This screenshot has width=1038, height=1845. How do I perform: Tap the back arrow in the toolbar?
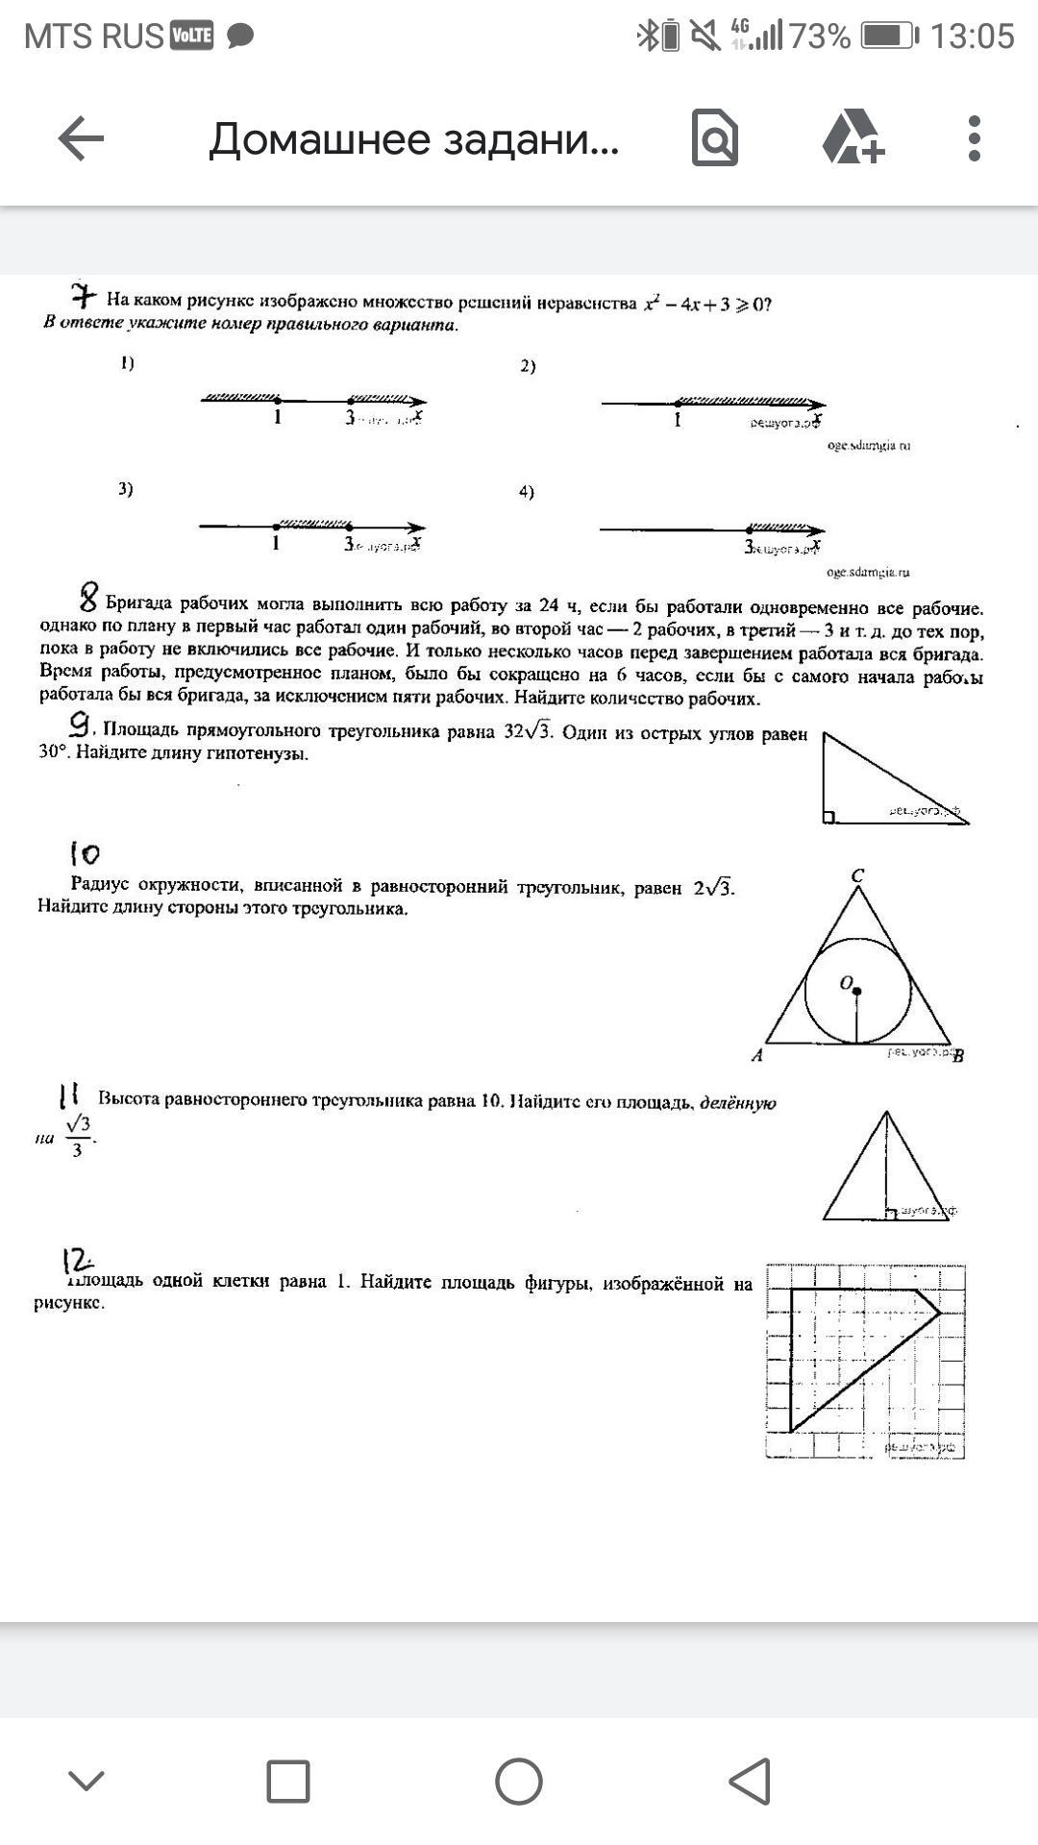click(x=81, y=139)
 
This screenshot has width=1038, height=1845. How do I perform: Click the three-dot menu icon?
click(x=975, y=139)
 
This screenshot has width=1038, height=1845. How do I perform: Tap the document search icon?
click(x=715, y=139)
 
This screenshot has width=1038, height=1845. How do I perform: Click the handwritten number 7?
click(x=84, y=295)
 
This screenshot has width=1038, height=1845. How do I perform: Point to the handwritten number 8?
click(x=88, y=599)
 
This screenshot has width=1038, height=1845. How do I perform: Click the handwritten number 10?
click(x=85, y=853)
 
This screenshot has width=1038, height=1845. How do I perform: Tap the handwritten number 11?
click(x=69, y=1095)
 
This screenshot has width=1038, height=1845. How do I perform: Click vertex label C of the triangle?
click(x=857, y=875)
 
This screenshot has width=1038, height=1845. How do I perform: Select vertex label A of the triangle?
click(x=757, y=1055)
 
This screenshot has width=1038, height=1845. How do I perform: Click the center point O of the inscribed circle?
click(x=856, y=991)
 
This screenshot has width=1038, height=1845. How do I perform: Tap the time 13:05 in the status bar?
click(x=972, y=37)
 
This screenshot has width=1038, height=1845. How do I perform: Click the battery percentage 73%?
click(x=820, y=37)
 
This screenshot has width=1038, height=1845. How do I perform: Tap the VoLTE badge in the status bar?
click(x=191, y=37)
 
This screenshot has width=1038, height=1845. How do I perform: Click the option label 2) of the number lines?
click(x=528, y=366)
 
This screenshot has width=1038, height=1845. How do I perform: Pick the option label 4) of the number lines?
click(x=527, y=492)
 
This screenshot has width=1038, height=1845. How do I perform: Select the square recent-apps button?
click(x=287, y=1782)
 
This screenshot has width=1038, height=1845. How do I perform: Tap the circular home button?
click(x=519, y=1782)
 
